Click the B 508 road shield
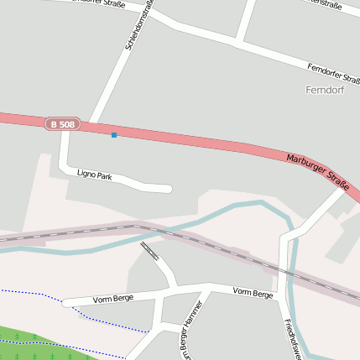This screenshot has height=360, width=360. (x=62, y=124)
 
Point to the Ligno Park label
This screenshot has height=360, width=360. (x=94, y=175)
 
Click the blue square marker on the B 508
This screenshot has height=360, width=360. (x=114, y=134)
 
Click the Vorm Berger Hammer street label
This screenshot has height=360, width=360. (x=191, y=330)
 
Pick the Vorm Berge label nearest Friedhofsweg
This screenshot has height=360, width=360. (x=253, y=294)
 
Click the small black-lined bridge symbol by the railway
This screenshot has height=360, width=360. (x=150, y=250)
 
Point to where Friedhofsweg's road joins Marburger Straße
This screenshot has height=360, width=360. (x=346, y=190)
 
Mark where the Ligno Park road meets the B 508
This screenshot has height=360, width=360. (x=64, y=131)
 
